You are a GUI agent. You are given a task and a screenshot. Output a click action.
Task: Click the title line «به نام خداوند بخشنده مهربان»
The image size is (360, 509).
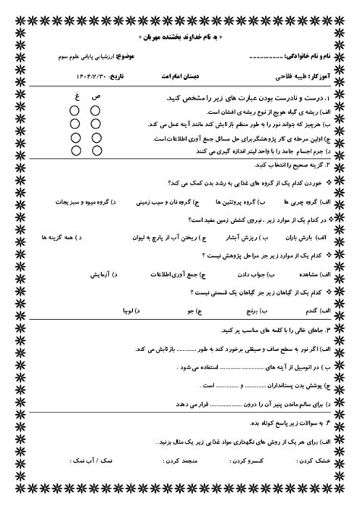[x=180, y=36]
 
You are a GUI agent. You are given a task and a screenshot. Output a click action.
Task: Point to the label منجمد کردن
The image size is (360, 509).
[x=156, y=461]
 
